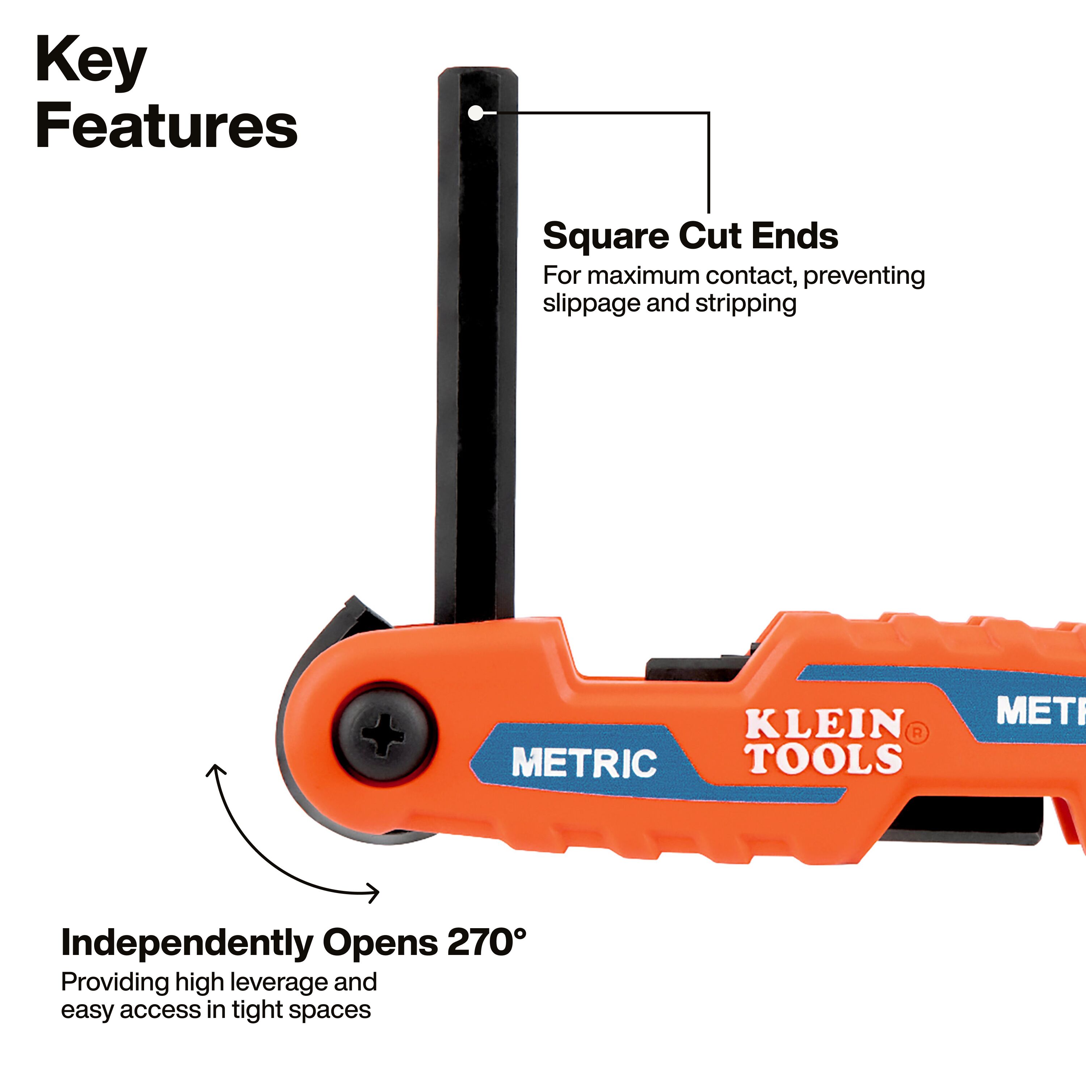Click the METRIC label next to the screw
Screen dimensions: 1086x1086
pos(584,763)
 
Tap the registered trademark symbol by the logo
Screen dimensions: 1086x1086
pos(917,733)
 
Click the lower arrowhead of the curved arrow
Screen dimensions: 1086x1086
pos(374,892)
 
